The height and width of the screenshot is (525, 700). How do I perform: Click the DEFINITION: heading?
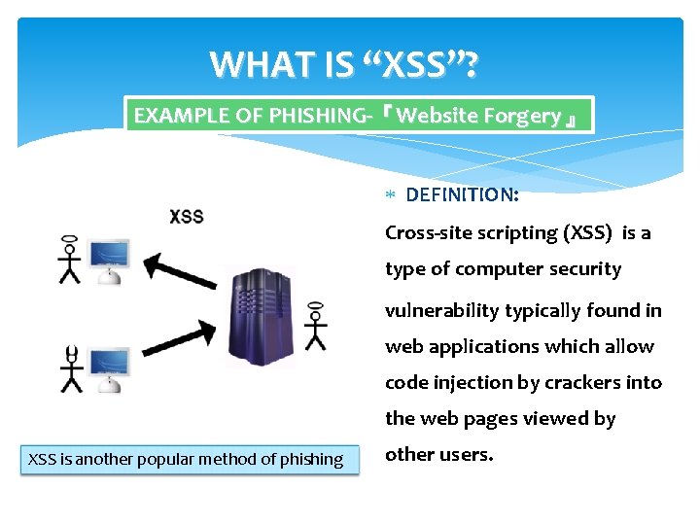pyautogui.click(x=462, y=194)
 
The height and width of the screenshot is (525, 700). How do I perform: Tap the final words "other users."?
pyautogui.click(x=438, y=454)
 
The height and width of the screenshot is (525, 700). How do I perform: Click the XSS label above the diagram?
pyautogui.click(x=187, y=216)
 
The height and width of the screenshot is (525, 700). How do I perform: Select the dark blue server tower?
pyautogui.click(x=262, y=317)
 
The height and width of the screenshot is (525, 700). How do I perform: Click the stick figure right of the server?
pyautogui.click(x=314, y=326)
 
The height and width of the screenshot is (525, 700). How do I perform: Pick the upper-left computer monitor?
pyautogui.click(x=108, y=258)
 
